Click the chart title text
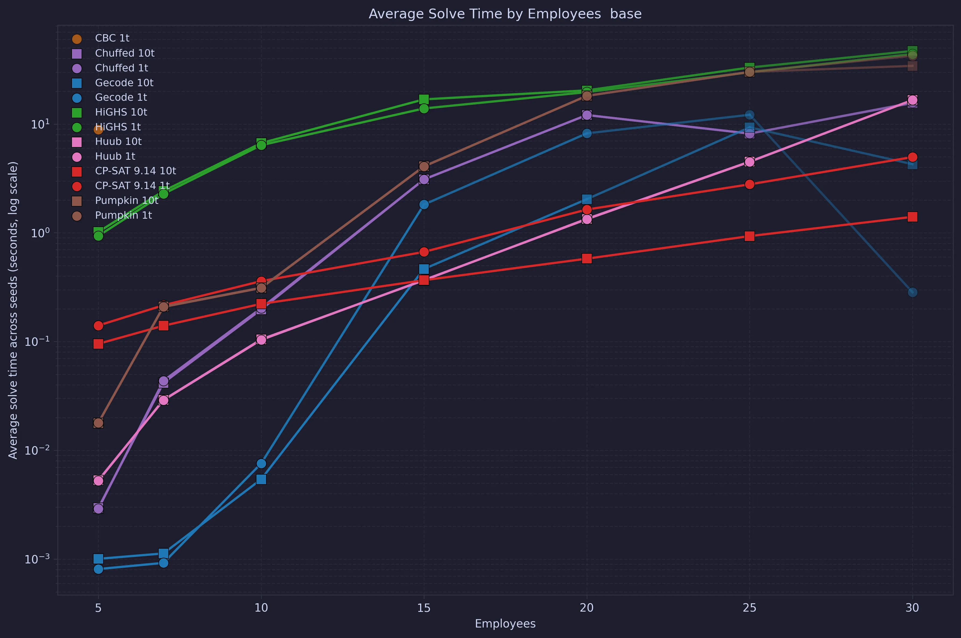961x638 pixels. (505, 14)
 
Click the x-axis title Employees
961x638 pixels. (505, 623)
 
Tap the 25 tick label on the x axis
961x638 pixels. (749, 608)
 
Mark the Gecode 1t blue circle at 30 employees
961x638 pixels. (912, 292)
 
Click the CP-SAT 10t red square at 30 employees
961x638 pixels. (912, 217)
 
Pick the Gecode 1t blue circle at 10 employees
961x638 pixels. (261, 463)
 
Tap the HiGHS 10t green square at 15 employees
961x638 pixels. (424, 99)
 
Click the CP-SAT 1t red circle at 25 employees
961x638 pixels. (749, 184)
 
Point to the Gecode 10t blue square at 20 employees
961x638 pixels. (587, 199)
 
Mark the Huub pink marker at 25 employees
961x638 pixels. (749, 162)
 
